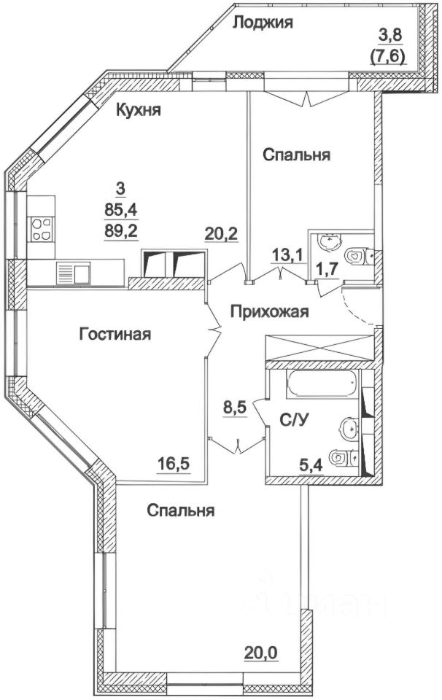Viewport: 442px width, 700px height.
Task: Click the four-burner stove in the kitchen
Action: coord(41,230)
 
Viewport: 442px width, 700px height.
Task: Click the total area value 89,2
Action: coord(121,231)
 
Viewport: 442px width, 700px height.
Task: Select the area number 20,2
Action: coord(221,235)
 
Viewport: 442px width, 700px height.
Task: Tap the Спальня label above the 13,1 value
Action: coord(297,155)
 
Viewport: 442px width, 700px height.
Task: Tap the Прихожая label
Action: coord(269,312)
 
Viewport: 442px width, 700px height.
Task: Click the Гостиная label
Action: coord(115,335)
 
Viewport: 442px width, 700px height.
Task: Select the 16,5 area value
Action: coord(174,461)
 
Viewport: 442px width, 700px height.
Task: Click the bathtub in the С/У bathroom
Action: coord(321,384)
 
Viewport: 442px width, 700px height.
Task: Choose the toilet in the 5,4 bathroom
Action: coord(344,458)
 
